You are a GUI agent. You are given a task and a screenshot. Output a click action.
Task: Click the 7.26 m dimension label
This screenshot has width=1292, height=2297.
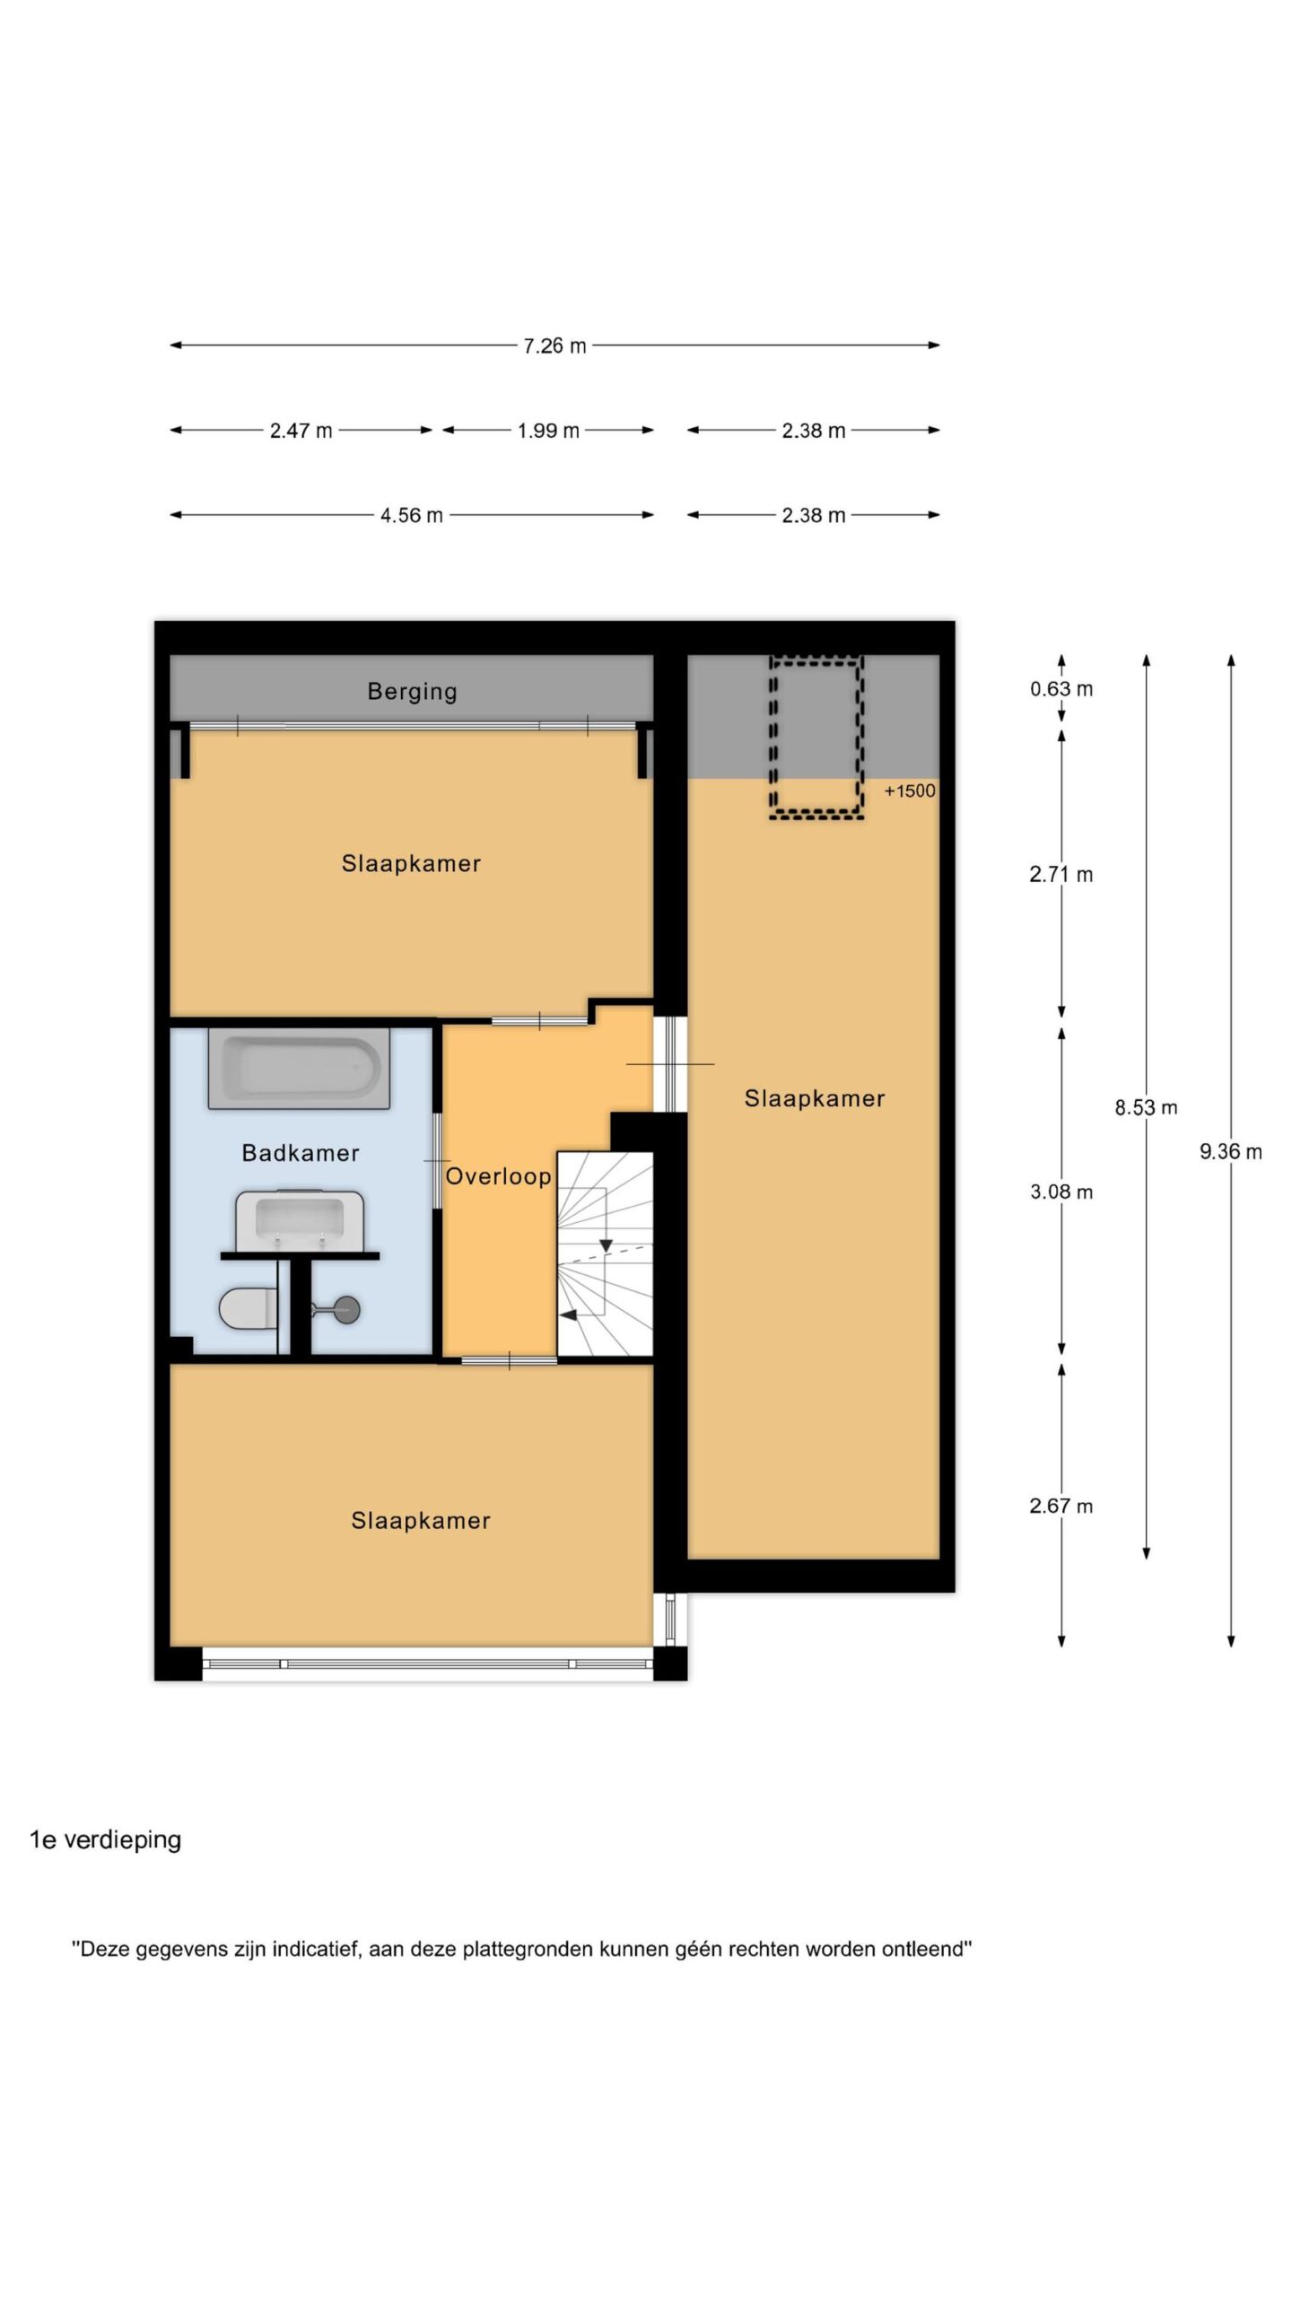coord(554,345)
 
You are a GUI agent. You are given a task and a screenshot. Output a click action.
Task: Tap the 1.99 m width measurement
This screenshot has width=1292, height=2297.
coord(548,431)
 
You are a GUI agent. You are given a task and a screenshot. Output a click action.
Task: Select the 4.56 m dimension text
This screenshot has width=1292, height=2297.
coord(412,515)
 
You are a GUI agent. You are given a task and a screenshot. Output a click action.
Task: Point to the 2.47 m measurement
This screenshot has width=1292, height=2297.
coord(301,431)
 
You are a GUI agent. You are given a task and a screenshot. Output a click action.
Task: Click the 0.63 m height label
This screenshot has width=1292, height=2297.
coord(1061,689)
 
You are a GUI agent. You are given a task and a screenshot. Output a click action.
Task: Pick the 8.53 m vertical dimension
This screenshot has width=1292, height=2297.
coord(1146,1107)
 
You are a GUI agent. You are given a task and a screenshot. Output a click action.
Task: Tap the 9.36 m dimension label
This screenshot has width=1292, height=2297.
coord(1231,1151)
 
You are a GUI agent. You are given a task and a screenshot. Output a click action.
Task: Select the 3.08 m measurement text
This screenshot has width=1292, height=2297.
coord(1061,1192)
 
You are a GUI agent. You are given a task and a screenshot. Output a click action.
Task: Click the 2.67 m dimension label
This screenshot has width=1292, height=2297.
coord(1061,1506)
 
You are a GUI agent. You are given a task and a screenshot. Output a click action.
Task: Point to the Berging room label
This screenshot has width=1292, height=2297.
coord(412,692)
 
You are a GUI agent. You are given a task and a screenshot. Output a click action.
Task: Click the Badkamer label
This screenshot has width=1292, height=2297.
coord(301,1153)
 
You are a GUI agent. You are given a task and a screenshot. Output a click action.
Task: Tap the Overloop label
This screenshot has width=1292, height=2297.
coord(498,1176)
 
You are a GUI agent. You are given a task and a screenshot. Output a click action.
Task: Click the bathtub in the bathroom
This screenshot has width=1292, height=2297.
coord(299,1068)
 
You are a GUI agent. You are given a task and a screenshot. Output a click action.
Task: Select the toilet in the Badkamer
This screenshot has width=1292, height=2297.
coord(249,1308)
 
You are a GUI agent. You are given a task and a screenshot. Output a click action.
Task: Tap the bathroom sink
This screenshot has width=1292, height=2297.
coord(300,1220)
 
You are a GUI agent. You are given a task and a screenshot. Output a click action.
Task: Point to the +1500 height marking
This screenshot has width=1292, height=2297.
coord(910,790)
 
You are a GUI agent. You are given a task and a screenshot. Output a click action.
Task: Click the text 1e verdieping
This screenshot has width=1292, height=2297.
coord(106,1839)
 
